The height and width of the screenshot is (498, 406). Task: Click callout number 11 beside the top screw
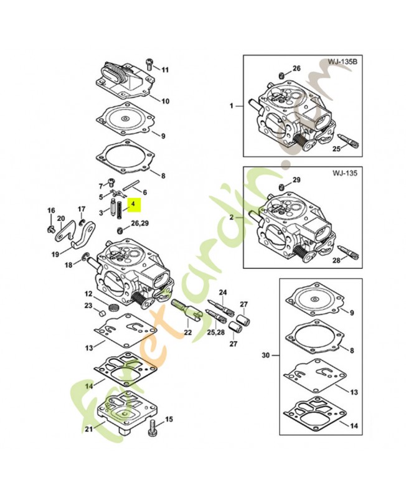click(165, 69)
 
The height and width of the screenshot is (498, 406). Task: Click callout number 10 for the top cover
click(165, 101)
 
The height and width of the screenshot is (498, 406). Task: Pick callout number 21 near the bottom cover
click(89, 429)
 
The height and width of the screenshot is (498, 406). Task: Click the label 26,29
click(140, 222)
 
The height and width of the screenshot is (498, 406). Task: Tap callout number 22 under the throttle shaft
click(187, 333)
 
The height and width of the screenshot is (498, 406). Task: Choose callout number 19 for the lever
click(55, 253)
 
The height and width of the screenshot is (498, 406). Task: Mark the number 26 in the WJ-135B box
click(296, 68)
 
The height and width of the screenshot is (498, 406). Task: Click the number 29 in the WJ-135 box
click(296, 181)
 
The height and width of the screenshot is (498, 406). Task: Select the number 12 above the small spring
click(88, 294)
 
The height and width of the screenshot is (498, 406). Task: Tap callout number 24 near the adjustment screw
click(223, 293)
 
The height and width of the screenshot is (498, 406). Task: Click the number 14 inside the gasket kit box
click(354, 426)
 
